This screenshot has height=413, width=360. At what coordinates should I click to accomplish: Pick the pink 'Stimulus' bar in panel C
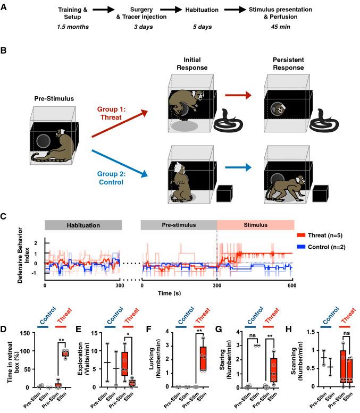tap(255, 225)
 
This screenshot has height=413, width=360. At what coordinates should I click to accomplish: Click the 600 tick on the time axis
tap(293, 285)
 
